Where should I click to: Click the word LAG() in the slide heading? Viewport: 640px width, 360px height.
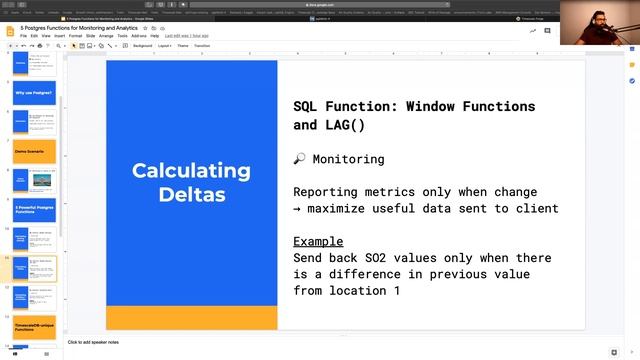click(x=342, y=125)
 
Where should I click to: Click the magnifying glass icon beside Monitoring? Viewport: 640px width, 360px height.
click(x=299, y=159)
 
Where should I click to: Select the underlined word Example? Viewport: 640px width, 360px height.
click(x=318, y=241)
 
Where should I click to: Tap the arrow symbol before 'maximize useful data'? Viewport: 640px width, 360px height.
click(x=298, y=208)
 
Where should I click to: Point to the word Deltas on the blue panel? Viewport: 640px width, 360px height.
click(x=191, y=193)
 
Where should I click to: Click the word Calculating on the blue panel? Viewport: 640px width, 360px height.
click(x=191, y=170)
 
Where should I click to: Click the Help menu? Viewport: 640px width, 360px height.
click(x=155, y=35)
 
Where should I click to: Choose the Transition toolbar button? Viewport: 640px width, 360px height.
click(x=202, y=45)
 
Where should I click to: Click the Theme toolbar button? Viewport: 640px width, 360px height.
click(x=183, y=45)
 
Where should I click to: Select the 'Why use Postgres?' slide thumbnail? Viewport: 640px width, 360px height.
click(x=35, y=94)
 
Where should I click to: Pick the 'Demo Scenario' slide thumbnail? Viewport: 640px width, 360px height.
click(x=35, y=151)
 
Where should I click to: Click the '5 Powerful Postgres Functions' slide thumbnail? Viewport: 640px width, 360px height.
click(x=35, y=210)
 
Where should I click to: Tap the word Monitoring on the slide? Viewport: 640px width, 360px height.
click(x=348, y=159)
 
